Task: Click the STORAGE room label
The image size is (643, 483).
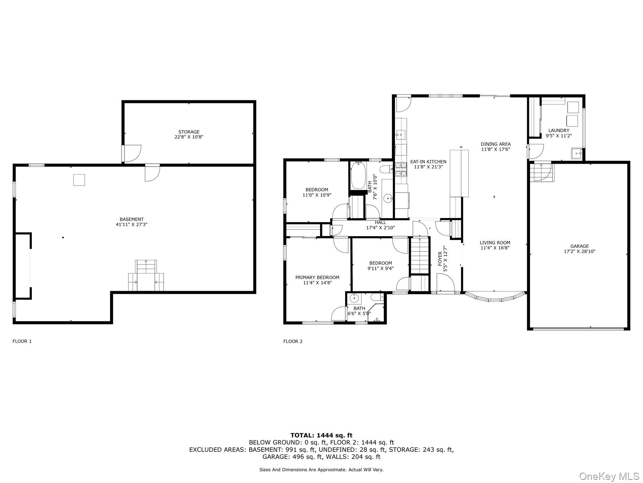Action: click(x=189, y=132)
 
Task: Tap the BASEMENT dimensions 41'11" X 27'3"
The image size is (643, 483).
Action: click(x=132, y=224)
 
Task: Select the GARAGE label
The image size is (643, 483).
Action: click(x=579, y=246)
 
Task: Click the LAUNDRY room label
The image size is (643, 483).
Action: click(x=559, y=130)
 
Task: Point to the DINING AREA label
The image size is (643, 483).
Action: click(x=495, y=144)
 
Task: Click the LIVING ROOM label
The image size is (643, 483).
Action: click(x=495, y=243)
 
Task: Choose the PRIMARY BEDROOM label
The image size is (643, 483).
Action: click(x=317, y=277)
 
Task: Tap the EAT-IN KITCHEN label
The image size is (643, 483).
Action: click(x=428, y=162)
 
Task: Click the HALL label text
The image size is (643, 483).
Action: click(x=380, y=222)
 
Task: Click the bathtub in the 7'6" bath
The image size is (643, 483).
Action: click(x=357, y=175)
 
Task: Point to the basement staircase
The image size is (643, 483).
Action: click(x=146, y=276)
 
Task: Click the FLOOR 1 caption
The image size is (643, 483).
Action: click(x=22, y=341)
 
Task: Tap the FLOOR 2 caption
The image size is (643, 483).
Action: click(x=293, y=341)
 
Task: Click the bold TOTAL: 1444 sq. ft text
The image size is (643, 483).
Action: click(x=321, y=435)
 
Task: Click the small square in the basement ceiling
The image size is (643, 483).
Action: click(x=79, y=180)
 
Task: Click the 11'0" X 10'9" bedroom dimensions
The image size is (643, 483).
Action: click(x=317, y=195)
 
